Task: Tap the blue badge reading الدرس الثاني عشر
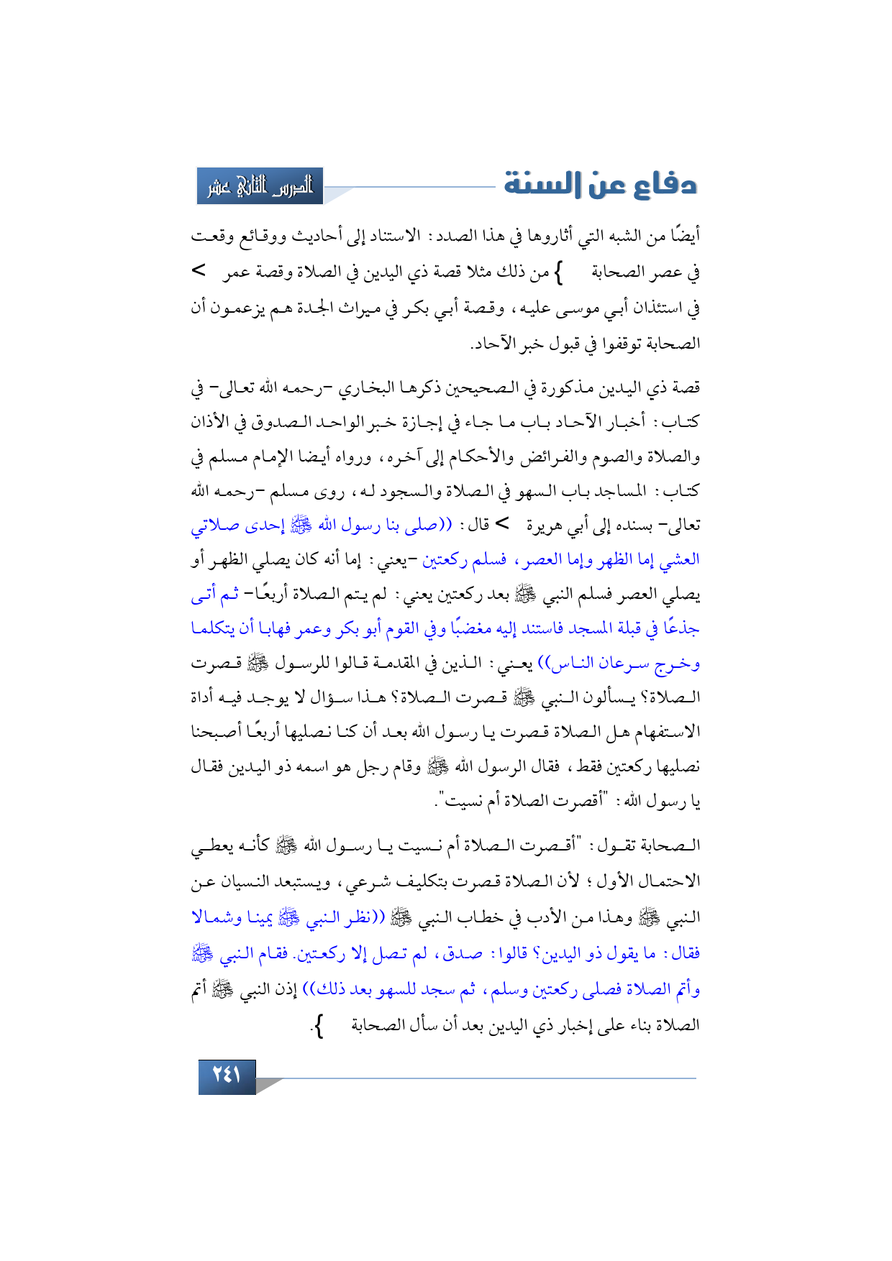click(x=260, y=187)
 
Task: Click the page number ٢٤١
click(x=227, y=1076)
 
